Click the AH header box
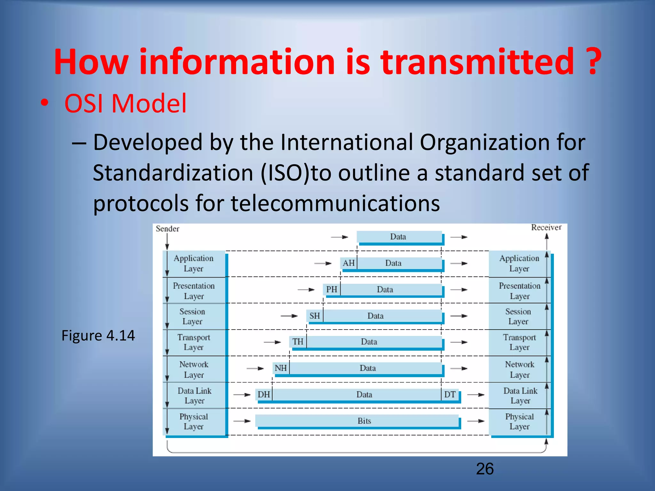pyautogui.click(x=349, y=263)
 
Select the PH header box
pyautogui.click(x=332, y=290)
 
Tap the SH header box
pyautogui.click(x=315, y=316)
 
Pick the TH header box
pyautogui.click(x=298, y=342)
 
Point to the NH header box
pyautogui.click(x=281, y=368)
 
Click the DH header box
pyautogui.click(x=264, y=394)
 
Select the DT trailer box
pyautogui.click(x=450, y=394)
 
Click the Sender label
pyautogui.click(x=167, y=229)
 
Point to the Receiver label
pyautogui.click(x=546, y=227)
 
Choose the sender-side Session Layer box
pyautogui.click(x=193, y=316)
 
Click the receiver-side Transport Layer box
pyautogui.click(x=519, y=342)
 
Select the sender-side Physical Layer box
pyautogui.click(x=194, y=422)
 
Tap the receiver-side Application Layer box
pyautogui.click(x=519, y=263)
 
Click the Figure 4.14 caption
pyautogui.click(x=98, y=336)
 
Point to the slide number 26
pyautogui.click(x=485, y=469)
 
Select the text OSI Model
pyautogui.click(x=125, y=104)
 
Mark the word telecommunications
pyautogui.click(x=335, y=203)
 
